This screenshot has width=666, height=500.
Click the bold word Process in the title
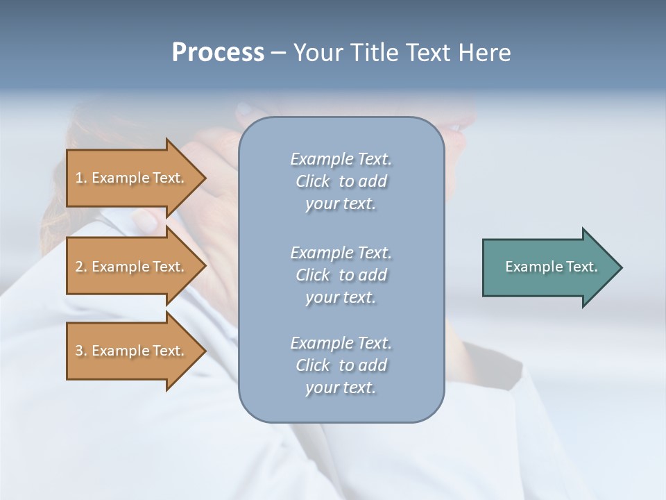click(218, 53)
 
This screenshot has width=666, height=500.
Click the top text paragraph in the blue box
click(341, 181)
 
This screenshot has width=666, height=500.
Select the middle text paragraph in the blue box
click(341, 275)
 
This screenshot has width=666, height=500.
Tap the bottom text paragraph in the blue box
click(341, 365)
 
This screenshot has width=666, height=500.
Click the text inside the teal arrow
click(551, 267)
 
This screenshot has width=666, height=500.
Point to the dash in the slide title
click(278, 53)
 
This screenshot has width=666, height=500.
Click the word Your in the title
click(316, 53)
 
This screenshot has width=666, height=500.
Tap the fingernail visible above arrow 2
click(145, 221)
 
